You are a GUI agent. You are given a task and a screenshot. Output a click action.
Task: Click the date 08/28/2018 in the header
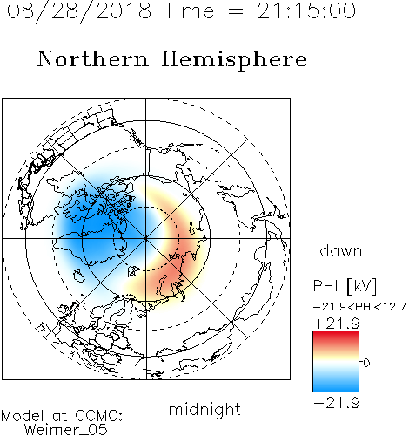tap(79, 11)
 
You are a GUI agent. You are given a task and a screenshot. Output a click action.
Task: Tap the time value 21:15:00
tap(306, 10)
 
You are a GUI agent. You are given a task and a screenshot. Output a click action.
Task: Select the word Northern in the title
tap(93, 58)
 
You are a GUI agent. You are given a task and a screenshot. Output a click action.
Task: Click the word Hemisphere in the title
tap(234, 59)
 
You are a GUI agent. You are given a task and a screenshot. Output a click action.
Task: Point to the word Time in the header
tap(189, 10)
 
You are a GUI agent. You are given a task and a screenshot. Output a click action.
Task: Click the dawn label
tap(341, 250)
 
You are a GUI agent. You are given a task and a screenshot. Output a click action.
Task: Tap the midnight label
tap(204, 410)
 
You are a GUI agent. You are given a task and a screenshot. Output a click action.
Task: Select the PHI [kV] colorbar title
tap(345, 285)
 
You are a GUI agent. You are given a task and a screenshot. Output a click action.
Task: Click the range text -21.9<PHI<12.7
tap(359, 306)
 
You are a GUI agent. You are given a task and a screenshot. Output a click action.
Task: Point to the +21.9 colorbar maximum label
tap(337, 324)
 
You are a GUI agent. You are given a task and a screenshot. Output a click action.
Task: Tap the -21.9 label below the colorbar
tap(337, 403)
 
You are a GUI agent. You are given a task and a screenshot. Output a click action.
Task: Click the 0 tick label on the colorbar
tap(366, 363)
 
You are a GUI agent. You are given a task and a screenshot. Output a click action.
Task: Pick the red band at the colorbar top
tap(336, 337)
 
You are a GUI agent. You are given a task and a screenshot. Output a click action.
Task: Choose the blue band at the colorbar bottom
tap(336, 385)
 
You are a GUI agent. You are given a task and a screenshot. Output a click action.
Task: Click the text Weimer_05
tap(66, 430)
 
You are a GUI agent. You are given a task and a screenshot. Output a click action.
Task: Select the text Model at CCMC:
tap(62, 416)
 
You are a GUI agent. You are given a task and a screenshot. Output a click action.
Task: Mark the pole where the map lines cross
tap(145, 238)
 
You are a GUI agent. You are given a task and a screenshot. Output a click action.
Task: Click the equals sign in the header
tap(235, 11)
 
